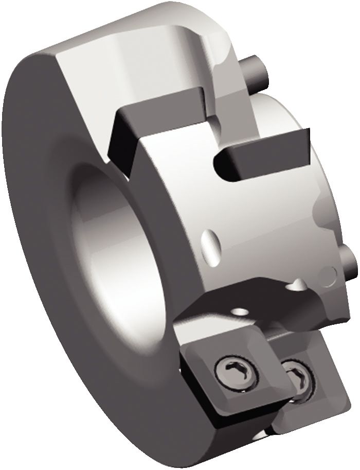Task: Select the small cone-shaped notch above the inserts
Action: pos(296,283)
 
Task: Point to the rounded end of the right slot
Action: pos(222,161)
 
